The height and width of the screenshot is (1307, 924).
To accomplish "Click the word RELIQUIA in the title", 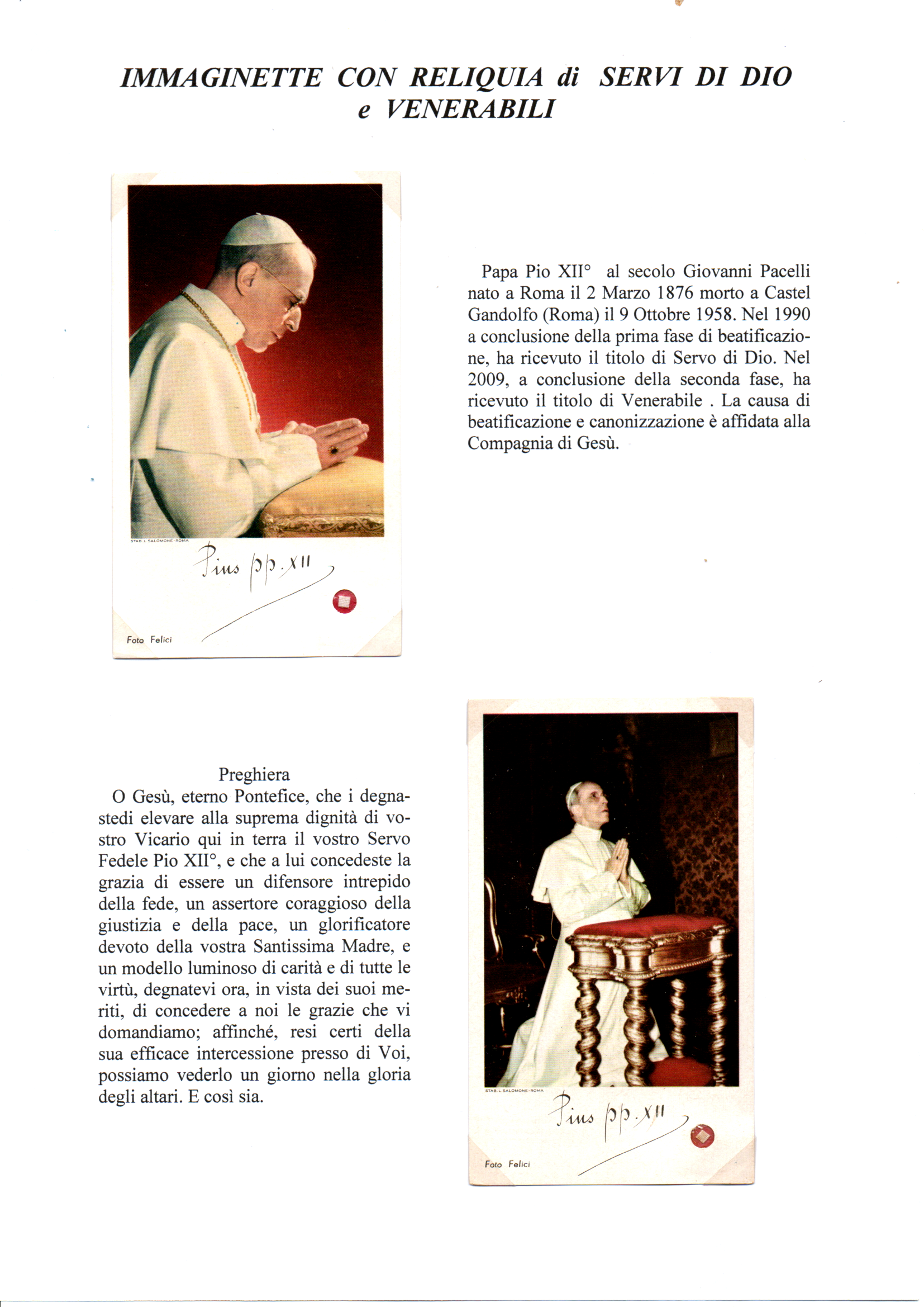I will (477, 77).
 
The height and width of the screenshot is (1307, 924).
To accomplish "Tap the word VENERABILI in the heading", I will (470, 108).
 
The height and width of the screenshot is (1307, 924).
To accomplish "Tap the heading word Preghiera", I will (254, 775).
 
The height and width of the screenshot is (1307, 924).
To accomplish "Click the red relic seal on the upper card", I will (344, 601).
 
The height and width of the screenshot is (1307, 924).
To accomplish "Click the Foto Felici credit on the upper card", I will (149, 640).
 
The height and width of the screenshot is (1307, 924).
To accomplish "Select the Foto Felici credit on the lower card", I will (507, 1164).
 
